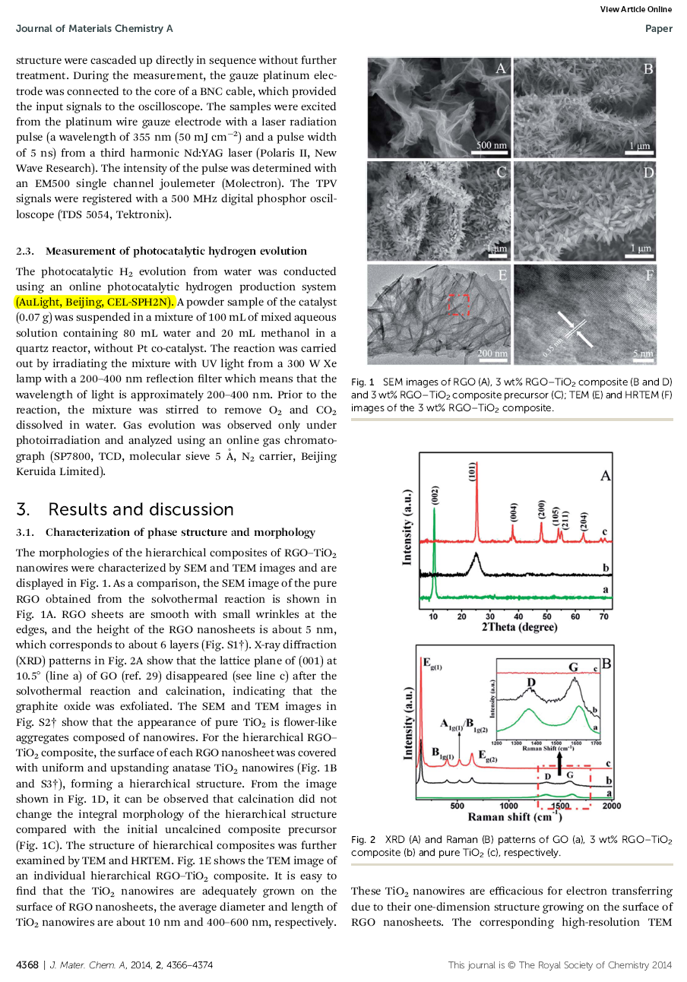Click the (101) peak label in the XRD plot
point(472,471)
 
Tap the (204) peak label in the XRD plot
point(583,521)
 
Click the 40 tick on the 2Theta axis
point(518,616)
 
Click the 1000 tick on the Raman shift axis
point(508,806)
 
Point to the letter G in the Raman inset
point(574,667)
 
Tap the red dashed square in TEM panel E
point(459,305)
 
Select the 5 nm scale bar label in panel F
point(642,353)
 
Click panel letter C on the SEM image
point(501,173)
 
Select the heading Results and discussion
point(141,509)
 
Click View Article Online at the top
point(635,9)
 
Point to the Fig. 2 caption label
point(363,840)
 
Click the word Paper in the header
point(658,29)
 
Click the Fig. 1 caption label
point(362,382)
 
